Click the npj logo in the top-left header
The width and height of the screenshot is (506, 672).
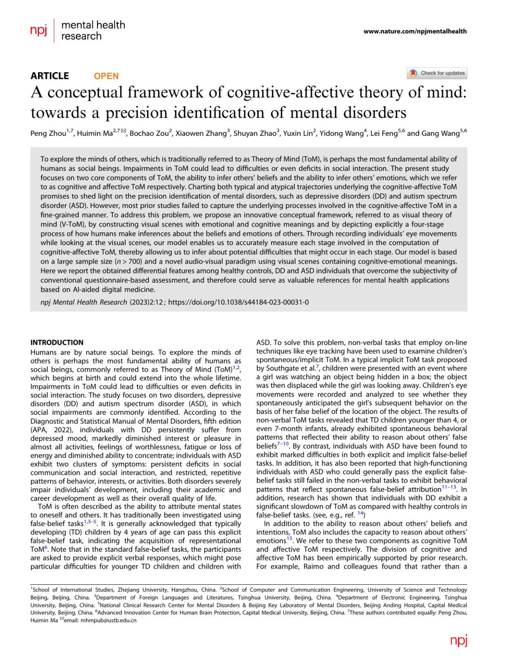pos(38,30)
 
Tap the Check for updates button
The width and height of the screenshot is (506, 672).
pos(437,73)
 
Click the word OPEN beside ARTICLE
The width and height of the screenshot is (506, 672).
pos(106,76)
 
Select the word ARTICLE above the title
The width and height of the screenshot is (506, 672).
pos(50,76)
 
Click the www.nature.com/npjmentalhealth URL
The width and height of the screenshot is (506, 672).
pos(415,31)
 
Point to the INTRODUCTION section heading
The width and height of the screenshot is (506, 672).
pos(57,343)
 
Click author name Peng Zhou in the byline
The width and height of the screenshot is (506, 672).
pos(48,134)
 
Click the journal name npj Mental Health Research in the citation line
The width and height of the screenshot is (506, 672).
pos(83,302)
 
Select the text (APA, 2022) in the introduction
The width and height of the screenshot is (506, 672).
pos(51,430)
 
